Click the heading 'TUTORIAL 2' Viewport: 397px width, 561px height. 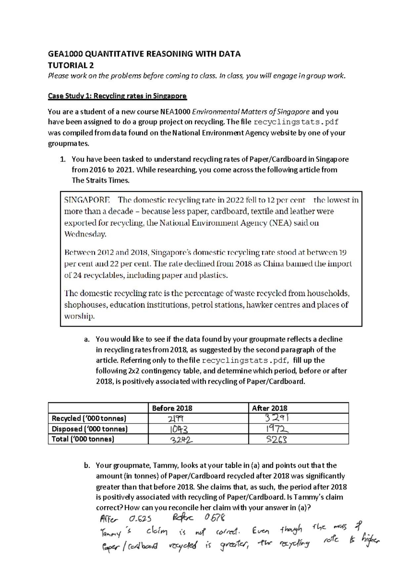click(x=71, y=65)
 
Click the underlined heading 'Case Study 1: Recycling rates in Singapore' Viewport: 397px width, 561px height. click(x=117, y=96)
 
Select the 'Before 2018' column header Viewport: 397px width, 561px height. click(x=172, y=408)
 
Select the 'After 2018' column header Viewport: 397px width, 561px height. click(x=270, y=408)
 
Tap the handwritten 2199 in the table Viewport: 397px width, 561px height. click(x=176, y=419)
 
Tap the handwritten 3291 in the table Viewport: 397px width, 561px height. click(x=277, y=418)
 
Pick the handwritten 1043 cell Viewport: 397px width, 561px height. click(x=179, y=429)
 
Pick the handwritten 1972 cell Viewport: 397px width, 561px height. click(x=277, y=429)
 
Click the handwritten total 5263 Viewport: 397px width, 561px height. click(x=277, y=440)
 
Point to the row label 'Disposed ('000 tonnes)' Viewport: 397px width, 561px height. click(x=90, y=429)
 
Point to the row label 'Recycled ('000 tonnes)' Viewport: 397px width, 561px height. click(x=89, y=418)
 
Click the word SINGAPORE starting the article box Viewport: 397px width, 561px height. click(x=87, y=200)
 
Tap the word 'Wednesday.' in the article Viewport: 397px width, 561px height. click(x=85, y=234)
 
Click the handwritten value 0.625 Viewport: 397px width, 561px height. click(x=140, y=519)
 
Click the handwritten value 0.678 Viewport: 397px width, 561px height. click(x=215, y=518)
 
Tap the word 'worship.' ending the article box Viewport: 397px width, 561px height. click(x=79, y=316)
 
